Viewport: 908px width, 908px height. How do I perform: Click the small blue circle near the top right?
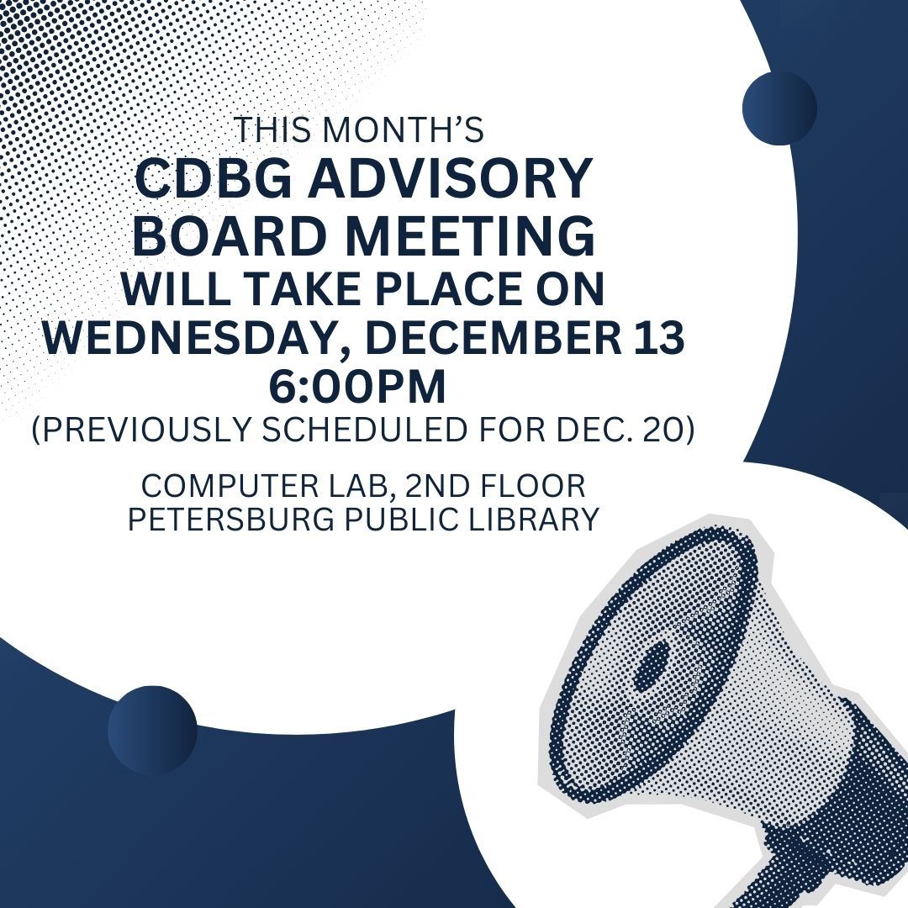(x=779, y=107)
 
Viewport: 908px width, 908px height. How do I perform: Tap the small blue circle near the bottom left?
(x=152, y=729)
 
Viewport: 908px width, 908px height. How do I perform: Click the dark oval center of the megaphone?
(x=653, y=668)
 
